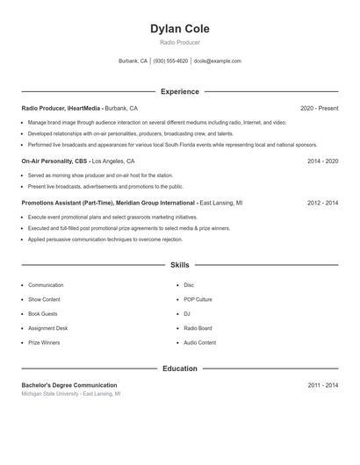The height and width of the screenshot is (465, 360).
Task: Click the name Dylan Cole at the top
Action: point(179,29)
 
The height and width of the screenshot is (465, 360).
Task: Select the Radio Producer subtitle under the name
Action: point(179,42)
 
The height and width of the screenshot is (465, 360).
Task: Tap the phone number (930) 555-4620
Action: point(171,61)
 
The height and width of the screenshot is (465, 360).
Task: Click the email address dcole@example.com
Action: point(217,61)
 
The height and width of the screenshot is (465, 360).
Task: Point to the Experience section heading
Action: point(179,91)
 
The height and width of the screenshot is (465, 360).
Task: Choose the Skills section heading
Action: point(179,265)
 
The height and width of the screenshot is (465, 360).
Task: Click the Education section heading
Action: point(179,368)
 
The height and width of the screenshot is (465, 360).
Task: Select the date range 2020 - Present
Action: point(319,108)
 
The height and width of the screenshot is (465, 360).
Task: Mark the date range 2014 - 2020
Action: point(322,161)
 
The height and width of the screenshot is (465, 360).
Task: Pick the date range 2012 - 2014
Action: point(322,203)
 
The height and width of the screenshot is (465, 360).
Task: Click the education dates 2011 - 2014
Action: point(322,385)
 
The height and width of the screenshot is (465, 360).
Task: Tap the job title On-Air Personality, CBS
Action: point(54,161)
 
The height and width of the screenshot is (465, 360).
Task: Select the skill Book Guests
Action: point(43,313)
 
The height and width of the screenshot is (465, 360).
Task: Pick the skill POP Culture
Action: point(198,299)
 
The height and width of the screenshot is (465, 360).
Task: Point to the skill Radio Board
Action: point(198,328)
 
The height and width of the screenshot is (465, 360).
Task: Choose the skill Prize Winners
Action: point(44,342)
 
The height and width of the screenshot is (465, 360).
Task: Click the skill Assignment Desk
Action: point(47,328)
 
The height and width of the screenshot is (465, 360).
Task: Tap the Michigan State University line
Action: point(71,395)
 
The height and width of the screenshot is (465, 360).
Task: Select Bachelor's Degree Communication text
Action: point(69,385)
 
